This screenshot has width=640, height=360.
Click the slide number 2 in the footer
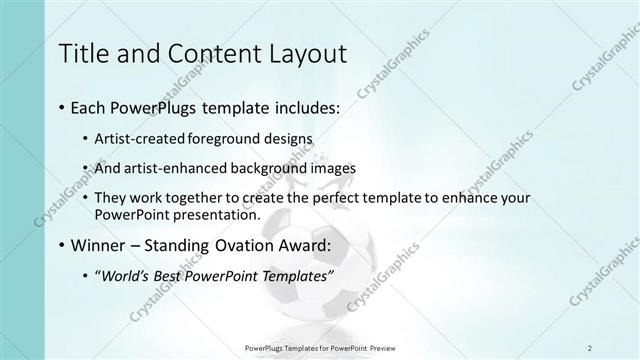tap(590, 347)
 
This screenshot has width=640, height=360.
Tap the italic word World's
tap(125, 275)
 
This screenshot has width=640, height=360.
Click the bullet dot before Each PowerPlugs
tap(63, 106)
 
